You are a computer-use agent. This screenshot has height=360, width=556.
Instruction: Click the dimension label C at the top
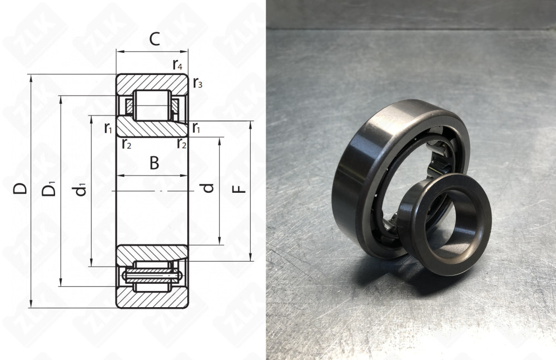coord(155,39)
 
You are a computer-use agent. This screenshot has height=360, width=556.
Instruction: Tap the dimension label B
coord(154,163)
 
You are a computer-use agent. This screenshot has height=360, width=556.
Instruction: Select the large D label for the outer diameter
coord(20,188)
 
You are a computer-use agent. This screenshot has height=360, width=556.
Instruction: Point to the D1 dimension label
coord(49,189)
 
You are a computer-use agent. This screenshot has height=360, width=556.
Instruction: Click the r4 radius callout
coord(178,65)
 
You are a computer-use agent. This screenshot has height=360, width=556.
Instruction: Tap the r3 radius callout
coord(198,83)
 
